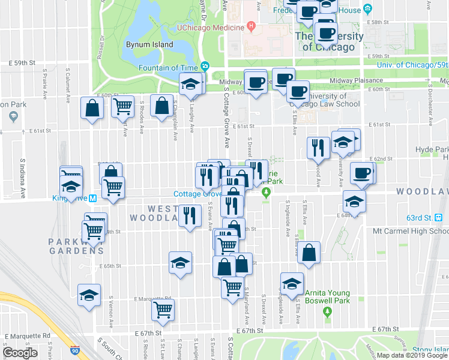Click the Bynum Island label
142,44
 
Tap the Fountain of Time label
169,67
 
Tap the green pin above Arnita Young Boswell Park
327,312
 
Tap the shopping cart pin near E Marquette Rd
163,310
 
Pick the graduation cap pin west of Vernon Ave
89,295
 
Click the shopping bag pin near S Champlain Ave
161,106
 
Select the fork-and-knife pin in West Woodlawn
190,215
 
